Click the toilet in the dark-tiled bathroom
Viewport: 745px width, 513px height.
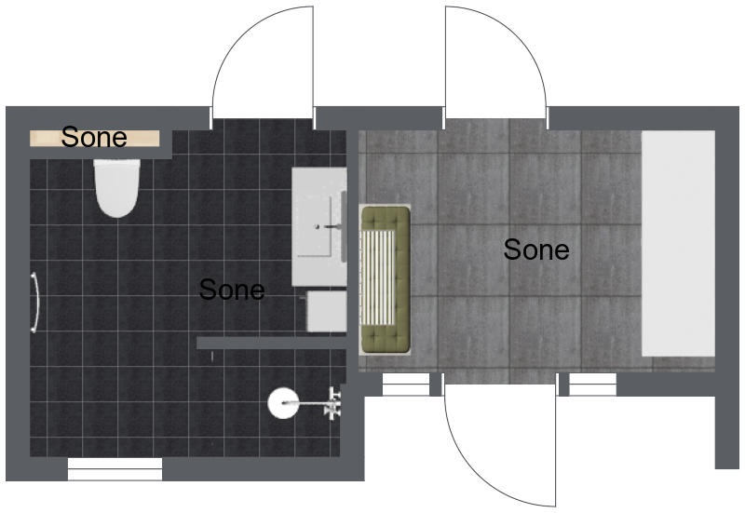point(117,188)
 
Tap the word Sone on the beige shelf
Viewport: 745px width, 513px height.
point(94,137)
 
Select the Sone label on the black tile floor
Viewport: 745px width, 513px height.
point(232,290)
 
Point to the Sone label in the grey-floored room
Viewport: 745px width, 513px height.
point(536,250)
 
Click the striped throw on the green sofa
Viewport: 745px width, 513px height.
point(378,277)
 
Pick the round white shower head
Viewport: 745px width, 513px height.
point(283,403)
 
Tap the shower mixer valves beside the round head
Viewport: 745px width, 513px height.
point(333,403)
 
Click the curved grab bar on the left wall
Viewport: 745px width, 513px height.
point(34,303)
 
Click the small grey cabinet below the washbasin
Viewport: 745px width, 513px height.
point(327,311)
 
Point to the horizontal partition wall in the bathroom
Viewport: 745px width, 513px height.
point(272,343)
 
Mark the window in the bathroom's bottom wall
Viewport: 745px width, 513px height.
point(115,469)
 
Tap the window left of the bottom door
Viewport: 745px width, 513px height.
point(406,385)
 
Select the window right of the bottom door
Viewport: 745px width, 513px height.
point(592,385)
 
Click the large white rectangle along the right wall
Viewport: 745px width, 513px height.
point(679,243)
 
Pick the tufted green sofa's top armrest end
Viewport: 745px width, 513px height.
point(386,219)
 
